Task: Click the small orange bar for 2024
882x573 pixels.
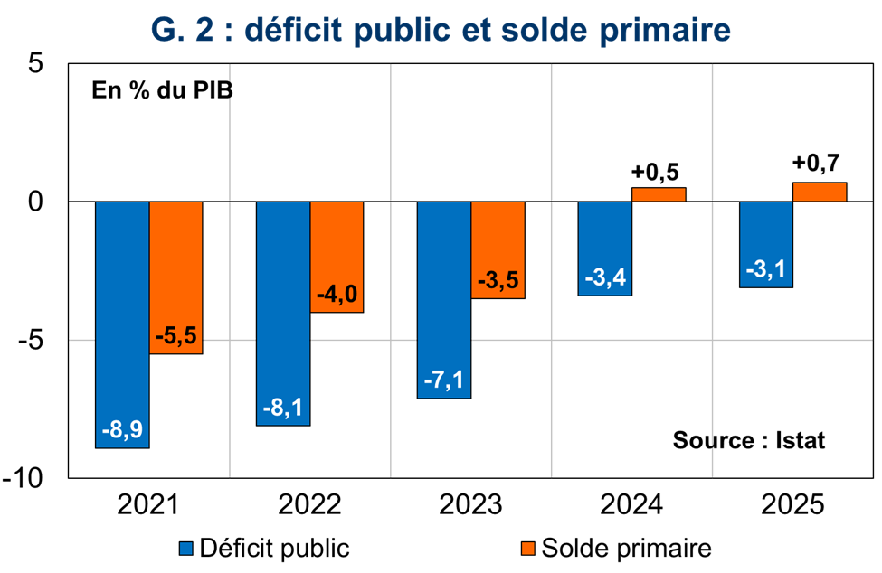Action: [x=659, y=194]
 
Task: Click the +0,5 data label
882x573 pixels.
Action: [x=659, y=170]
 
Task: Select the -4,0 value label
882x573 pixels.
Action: [x=337, y=295]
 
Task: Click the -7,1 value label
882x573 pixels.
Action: [x=443, y=380]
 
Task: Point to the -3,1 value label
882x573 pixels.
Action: [x=766, y=269]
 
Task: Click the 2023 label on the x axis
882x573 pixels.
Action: [x=469, y=503]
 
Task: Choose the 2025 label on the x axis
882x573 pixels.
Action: [x=792, y=503]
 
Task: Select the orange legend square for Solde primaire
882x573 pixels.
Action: [x=529, y=548]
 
